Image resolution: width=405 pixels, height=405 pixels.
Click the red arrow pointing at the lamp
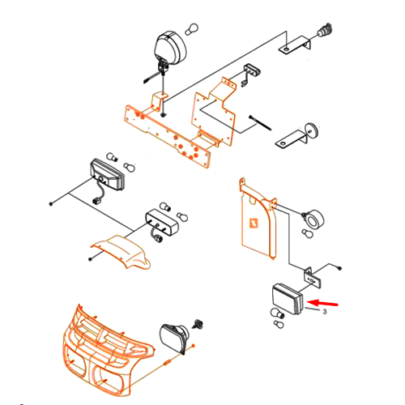point(322,303)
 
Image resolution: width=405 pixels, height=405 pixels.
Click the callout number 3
point(325,312)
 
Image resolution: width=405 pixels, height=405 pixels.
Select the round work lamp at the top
point(170,49)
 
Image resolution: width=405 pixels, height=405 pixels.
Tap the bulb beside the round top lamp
point(192,29)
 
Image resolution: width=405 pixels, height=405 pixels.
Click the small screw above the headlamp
point(199,323)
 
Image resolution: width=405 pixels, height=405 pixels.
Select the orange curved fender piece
point(121,251)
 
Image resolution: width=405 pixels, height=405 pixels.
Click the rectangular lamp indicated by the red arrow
point(288,298)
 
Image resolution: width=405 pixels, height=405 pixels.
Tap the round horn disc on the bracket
point(311,131)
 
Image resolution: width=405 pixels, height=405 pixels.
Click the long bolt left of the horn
point(260,123)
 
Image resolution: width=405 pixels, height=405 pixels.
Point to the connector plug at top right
point(326,29)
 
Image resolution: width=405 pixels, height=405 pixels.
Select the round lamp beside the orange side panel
point(313,219)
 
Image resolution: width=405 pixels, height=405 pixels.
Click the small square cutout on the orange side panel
point(254,223)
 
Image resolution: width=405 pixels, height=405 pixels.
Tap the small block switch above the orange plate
point(253,70)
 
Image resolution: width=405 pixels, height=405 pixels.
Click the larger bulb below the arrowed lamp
point(278,313)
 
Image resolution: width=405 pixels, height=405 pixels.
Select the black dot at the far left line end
point(51,204)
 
